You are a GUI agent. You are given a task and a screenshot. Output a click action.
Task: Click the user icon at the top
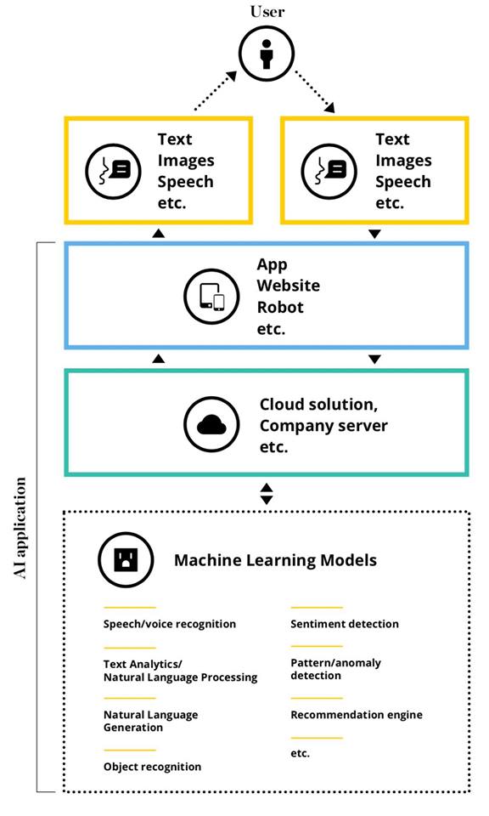pyautogui.click(x=267, y=54)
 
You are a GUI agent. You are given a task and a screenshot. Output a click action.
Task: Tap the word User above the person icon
pyautogui.click(x=267, y=11)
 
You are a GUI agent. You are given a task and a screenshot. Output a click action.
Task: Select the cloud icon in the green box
pyautogui.click(x=211, y=424)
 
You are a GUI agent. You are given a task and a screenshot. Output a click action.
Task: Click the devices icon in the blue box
pyautogui.click(x=211, y=297)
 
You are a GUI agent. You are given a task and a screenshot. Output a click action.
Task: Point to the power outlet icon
pyautogui.click(x=126, y=559)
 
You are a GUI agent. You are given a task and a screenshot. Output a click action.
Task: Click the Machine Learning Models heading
pyautogui.click(x=275, y=560)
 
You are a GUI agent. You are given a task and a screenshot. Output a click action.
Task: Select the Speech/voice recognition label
pyautogui.click(x=170, y=624)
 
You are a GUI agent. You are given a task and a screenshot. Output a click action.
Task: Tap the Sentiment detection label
pyautogui.click(x=345, y=623)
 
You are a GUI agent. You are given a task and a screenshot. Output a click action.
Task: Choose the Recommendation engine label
pyautogui.click(x=357, y=715)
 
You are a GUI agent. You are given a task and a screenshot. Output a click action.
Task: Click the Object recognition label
pyautogui.click(x=152, y=767)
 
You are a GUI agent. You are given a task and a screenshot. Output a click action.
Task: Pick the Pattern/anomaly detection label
pyautogui.click(x=335, y=669)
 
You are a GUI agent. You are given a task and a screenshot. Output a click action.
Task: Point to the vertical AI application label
pyautogui.click(x=20, y=528)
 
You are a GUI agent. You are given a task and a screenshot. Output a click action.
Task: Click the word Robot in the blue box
pyautogui.click(x=280, y=307)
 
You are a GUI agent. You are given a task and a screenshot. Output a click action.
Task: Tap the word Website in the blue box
pyautogui.click(x=289, y=286)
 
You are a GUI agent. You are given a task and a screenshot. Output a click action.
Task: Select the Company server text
pyautogui.click(x=323, y=426)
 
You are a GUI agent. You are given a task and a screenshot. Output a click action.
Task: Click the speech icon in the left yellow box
pyautogui.click(x=113, y=171)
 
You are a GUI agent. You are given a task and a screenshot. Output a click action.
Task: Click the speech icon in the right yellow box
pyautogui.click(x=329, y=171)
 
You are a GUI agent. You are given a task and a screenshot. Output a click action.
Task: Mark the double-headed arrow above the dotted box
pyautogui.click(x=267, y=494)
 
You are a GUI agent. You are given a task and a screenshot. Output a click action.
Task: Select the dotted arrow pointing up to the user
pyautogui.click(x=216, y=91)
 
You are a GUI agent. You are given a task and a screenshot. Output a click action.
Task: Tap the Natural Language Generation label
pyautogui.click(x=151, y=722)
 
